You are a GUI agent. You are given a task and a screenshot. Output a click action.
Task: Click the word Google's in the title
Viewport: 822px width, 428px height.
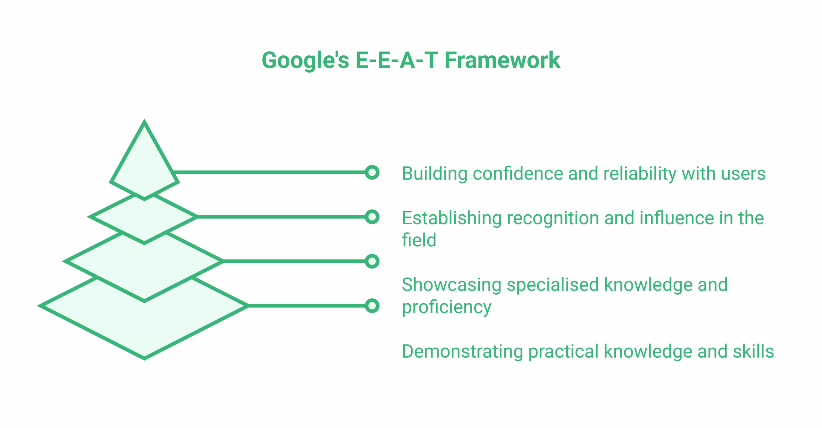305,61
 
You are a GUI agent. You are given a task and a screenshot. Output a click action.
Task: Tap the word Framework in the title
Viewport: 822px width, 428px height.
502,60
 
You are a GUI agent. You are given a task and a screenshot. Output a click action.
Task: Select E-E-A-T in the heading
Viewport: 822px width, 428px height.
397,60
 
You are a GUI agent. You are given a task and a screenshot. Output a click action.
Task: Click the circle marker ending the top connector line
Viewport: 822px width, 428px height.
372,173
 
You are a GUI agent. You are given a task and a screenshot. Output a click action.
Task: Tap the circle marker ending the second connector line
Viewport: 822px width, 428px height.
372,217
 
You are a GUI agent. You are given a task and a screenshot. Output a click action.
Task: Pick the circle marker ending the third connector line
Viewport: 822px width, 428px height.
372,261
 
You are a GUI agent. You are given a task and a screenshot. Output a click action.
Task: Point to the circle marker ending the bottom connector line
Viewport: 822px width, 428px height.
372,306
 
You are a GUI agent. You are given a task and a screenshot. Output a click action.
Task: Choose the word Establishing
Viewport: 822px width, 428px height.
451,218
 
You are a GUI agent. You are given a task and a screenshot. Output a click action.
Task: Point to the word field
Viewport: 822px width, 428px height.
419,240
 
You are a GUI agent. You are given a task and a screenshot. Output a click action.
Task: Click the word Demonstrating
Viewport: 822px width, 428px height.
462,352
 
